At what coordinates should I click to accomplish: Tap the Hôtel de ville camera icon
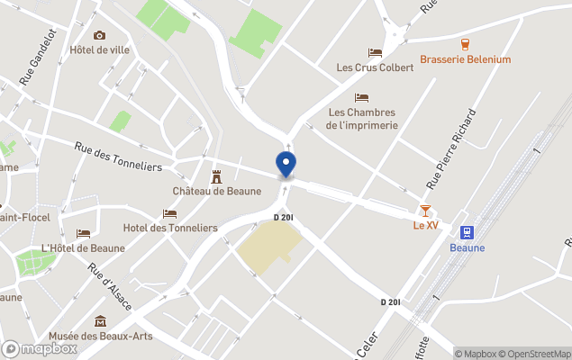(x=99, y=35)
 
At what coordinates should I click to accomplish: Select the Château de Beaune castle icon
(x=216, y=175)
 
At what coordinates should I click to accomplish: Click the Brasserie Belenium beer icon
(x=466, y=43)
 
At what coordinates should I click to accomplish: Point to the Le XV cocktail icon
(x=425, y=210)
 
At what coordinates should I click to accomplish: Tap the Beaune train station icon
(x=467, y=232)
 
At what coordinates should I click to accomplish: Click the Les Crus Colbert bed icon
(x=375, y=52)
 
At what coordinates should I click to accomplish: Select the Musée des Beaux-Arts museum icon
(x=100, y=321)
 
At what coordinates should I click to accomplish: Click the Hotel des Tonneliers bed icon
(x=170, y=213)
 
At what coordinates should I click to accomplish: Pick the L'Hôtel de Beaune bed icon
(x=83, y=233)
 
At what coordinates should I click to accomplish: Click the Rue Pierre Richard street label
(x=451, y=148)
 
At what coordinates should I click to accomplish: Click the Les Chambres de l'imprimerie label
(x=361, y=119)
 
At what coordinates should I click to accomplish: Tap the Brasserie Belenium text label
(x=465, y=60)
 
